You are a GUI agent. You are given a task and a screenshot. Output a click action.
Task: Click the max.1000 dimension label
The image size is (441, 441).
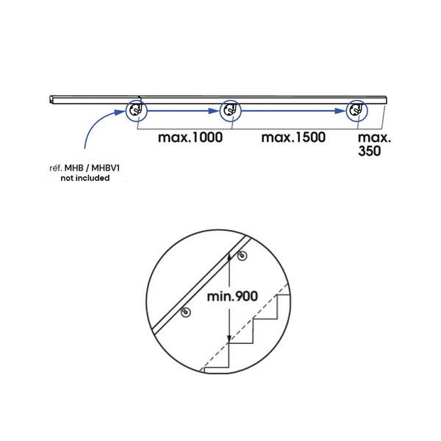[x=190, y=137]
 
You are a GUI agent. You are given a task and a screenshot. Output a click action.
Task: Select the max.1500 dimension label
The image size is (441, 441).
[x=293, y=137]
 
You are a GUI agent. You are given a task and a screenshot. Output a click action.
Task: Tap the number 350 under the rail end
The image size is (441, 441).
[x=370, y=151]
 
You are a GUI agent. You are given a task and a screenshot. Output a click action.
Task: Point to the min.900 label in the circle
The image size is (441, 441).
[x=232, y=296]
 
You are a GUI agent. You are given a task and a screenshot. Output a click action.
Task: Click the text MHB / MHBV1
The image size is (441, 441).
[x=93, y=168]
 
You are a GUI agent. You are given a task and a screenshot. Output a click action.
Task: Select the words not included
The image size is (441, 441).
[x=85, y=178]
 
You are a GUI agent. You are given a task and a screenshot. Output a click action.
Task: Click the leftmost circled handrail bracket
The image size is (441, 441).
[x=136, y=111]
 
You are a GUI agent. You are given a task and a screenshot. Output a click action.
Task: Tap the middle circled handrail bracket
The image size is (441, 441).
[x=230, y=111]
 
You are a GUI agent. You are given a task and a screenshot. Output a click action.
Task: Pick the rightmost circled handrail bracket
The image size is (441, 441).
[x=356, y=111]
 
